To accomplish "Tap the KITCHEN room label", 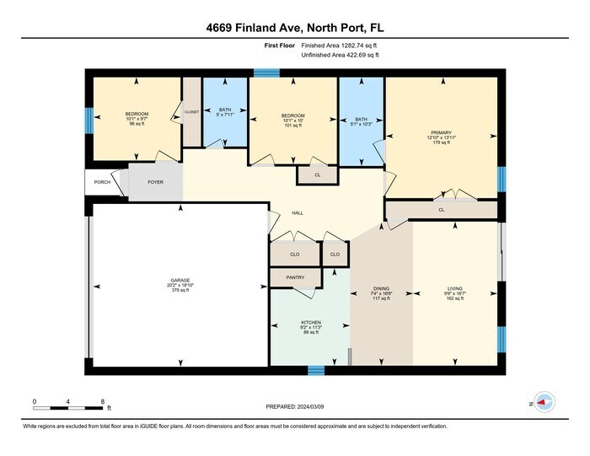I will [x=311, y=323].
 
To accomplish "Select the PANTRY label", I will [x=295, y=276].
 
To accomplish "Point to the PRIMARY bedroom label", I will [x=442, y=132].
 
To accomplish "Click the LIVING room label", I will [x=455, y=288].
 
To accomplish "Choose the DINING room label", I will [x=382, y=288].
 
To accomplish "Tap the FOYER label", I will [x=156, y=182].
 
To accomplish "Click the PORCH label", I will [x=102, y=182].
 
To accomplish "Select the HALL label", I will [x=298, y=212].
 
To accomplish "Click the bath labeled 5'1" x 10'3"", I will [x=361, y=121].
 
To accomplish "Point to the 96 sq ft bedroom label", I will [x=137, y=114].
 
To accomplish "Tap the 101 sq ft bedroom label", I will [x=292, y=115].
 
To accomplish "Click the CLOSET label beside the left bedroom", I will [x=192, y=111].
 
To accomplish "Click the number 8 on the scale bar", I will [x=102, y=401].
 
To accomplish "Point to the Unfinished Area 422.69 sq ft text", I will [x=340, y=55].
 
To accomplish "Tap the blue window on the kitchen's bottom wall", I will [x=316, y=369].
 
